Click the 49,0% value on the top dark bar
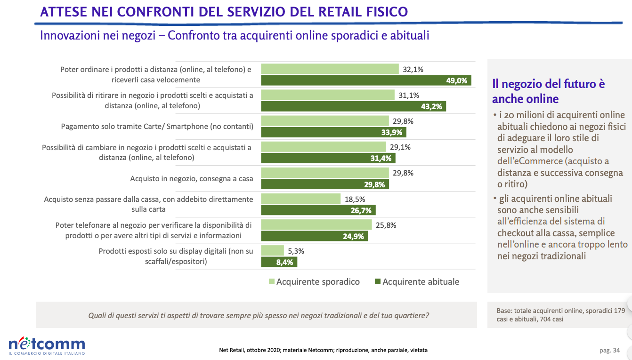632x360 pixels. click(x=456, y=80)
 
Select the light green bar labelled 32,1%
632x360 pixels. click(x=330, y=69)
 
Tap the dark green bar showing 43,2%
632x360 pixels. click(x=353, y=106)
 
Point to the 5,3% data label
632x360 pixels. click(x=296, y=251)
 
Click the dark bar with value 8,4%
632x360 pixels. click(x=279, y=262)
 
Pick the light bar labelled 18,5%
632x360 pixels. click(x=300, y=199)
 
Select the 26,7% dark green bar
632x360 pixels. click(x=318, y=210)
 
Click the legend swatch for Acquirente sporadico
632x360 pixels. click(x=272, y=282)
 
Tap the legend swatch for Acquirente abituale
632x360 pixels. click(x=377, y=282)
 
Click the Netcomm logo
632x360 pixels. click(x=47, y=344)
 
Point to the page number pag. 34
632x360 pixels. click(x=609, y=350)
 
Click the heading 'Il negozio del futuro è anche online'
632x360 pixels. click(x=548, y=91)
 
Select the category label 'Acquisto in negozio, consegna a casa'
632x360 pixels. click(x=191, y=179)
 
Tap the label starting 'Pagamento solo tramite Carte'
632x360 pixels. click(x=157, y=127)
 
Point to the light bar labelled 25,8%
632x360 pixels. click(x=316, y=225)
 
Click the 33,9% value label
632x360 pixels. click(x=391, y=132)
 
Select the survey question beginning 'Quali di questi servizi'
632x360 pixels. click(x=259, y=315)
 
